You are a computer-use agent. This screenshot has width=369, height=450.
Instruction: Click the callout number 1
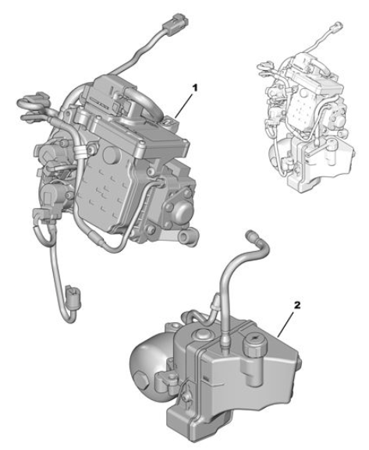pos(195,88)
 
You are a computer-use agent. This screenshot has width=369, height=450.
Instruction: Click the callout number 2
pos(297,306)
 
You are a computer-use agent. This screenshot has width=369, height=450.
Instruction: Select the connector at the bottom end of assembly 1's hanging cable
pos(74,296)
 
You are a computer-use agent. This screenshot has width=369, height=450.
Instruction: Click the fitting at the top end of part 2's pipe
pos(251,235)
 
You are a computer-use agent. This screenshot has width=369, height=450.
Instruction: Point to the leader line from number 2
pos(286,324)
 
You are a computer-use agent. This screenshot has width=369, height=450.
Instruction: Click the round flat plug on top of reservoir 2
pos(202,334)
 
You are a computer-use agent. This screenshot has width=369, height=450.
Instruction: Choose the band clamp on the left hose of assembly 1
pos(80,151)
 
